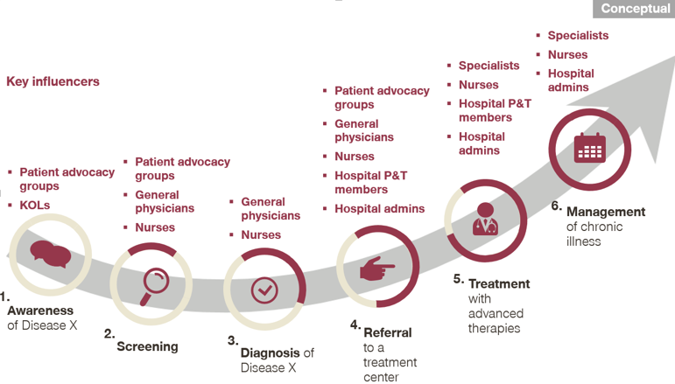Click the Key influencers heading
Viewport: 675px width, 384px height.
pos(53,82)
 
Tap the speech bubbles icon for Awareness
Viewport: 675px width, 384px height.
pos(50,255)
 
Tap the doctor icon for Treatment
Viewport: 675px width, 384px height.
pos(486,220)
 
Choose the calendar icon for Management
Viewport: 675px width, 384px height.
pos(588,148)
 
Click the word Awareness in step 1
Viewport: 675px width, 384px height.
pos(40,311)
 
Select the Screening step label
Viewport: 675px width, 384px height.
pos(147,346)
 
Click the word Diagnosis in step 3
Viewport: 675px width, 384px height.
pos(270,353)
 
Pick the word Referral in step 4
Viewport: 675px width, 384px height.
pos(388,332)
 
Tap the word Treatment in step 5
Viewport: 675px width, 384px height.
pos(499,283)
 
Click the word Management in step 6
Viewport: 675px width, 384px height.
pos(605,212)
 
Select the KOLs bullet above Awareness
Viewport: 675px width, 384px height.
pos(35,205)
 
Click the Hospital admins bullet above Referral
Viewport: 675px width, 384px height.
pos(379,209)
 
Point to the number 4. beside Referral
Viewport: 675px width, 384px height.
pos(355,325)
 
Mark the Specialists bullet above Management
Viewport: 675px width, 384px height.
pos(578,36)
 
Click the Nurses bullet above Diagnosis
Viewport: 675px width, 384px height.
pos(261,234)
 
